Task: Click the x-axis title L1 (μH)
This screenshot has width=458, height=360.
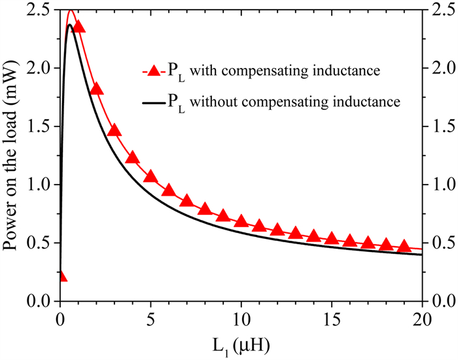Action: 241,344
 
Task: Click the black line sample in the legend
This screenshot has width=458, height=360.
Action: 152,101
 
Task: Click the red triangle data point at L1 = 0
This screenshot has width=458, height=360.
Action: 61,276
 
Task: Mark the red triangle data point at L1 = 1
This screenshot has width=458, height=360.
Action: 79,26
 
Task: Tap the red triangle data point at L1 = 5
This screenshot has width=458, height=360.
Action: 150,177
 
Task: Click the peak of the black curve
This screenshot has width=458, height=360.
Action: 69,25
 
